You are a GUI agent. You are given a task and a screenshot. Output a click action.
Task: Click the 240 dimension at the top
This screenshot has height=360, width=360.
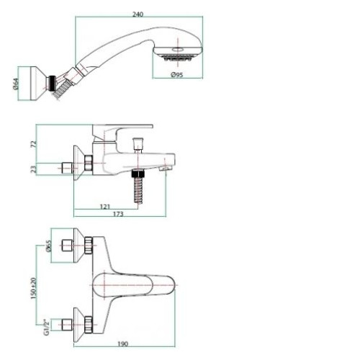coord(138,14)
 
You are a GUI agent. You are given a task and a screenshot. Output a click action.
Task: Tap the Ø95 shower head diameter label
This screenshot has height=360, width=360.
coord(177,75)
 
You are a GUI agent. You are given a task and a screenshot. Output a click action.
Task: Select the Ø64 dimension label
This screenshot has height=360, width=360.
coord(15,84)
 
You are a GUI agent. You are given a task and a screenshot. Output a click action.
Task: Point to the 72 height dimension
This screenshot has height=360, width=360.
coord(35,144)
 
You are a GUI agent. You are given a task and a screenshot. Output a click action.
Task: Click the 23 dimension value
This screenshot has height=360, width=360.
coord(35,169)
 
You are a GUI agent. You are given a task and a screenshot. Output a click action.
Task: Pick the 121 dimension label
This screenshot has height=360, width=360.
coord(104,206)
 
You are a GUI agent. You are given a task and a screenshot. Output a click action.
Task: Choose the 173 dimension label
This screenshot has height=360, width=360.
coord(118,214)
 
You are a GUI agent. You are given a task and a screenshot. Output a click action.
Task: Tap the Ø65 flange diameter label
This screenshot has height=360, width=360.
coord(48,246)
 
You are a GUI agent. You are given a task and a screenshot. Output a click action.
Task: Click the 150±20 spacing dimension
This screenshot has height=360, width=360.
coord(34,288)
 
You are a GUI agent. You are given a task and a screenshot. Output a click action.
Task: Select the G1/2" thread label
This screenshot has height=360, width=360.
coord(47,327)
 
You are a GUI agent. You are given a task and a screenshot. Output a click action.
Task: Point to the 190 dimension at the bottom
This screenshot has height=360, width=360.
coord(122,344)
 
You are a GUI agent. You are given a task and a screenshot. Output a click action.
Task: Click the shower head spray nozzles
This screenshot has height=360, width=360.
coord(178,58)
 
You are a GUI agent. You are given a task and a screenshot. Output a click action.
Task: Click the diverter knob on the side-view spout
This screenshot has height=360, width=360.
coord(138,145)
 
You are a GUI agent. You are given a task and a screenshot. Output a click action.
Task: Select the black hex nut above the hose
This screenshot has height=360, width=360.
coord(138,174)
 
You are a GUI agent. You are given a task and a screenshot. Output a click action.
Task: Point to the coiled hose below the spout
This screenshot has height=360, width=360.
coord(138,190)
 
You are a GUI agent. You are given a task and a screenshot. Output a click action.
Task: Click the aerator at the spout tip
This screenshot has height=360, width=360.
coord(165,168)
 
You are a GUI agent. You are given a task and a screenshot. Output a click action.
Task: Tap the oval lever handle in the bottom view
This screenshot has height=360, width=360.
coord(134,285)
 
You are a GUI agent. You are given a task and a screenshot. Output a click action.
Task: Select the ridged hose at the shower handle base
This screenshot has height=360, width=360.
coord(63,89)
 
